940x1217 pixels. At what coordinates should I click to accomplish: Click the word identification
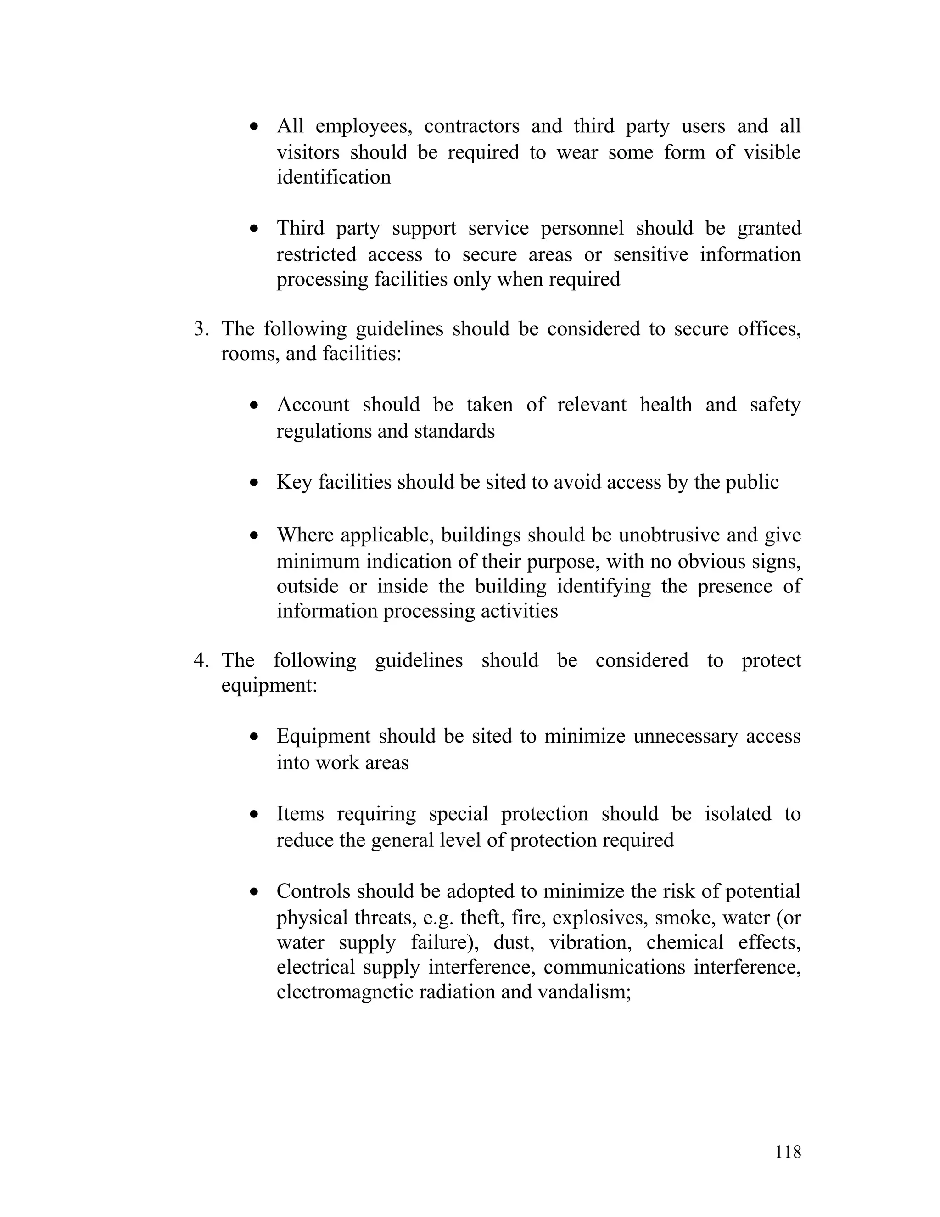(x=334, y=177)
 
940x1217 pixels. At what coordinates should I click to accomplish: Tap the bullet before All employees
(x=254, y=127)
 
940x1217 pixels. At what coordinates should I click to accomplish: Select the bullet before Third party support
(x=254, y=229)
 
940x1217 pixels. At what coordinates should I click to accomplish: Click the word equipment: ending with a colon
(x=269, y=685)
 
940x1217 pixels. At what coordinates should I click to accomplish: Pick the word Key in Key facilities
(x=293, y=482)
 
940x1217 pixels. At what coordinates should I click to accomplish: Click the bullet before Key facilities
(x=254, y=483)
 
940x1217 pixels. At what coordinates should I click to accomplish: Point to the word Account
(x=313, y=405)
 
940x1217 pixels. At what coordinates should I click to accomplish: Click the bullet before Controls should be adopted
(x=254, y=892)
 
